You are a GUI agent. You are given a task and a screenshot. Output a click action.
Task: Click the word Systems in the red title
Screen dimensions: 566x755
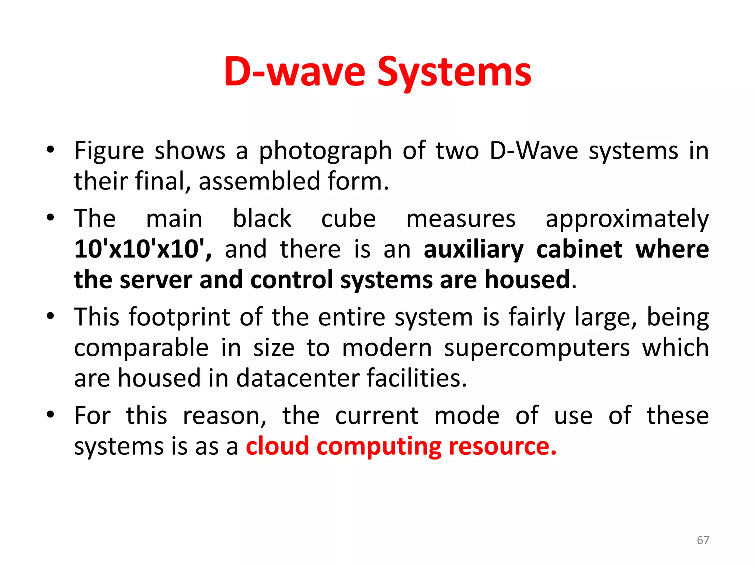(x=454, y=72)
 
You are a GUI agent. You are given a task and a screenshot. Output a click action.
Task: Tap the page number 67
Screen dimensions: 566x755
(x=703, y=540)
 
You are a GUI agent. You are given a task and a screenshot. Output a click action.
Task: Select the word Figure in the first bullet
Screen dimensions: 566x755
(x=109, y=151)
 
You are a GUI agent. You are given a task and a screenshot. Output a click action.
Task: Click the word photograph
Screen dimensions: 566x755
(x=325, y=151)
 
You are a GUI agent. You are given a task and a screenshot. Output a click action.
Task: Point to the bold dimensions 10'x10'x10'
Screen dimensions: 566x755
(x=142, y=249)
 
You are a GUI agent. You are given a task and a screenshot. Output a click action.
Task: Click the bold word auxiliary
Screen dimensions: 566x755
(x=473, y=250)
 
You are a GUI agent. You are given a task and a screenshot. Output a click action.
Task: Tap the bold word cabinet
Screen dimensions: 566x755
(x=580, y=250)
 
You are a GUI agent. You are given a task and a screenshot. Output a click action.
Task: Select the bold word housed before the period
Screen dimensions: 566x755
(x=527, y=279)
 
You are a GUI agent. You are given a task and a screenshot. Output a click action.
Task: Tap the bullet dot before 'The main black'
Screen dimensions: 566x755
(x=51, y=217)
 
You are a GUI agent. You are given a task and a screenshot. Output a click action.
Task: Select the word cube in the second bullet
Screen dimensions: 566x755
(x=348, y=219)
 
